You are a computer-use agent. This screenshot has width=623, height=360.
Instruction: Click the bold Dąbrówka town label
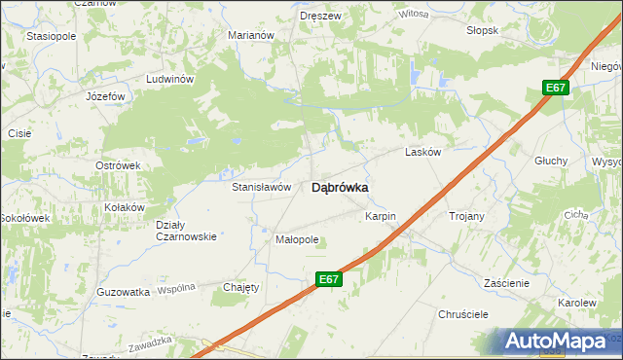coord(339,189)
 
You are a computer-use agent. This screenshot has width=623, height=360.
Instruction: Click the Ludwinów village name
coord(170,79)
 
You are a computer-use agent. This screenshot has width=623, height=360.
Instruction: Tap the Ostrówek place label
coord(118,165)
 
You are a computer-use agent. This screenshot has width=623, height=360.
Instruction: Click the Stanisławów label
coord(262,186)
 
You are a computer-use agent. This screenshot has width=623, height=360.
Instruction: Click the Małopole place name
coord(298,238)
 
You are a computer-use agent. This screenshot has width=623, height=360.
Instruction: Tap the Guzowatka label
coord(124,291)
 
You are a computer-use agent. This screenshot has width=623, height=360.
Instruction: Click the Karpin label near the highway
coord(381,214)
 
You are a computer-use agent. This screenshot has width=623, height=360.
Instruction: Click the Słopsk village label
coord(482,29)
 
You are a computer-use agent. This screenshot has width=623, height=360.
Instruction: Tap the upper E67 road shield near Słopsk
coord(555,89)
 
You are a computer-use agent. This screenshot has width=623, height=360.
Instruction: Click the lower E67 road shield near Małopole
coord(329,279)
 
